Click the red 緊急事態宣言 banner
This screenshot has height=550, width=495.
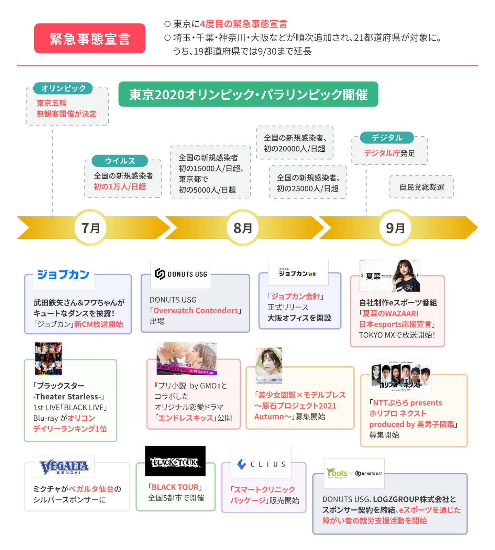point(90,39)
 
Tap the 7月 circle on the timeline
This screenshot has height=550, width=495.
point(90,228)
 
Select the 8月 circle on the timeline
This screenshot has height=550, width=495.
point(243,228)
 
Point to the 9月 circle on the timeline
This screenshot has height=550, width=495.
point(395,228)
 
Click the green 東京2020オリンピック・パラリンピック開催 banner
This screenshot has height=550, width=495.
point(248,94)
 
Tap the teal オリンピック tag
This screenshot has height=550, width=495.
point(63,88)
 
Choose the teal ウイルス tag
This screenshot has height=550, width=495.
point(120,161)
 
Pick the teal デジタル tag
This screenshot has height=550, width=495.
point(387,138)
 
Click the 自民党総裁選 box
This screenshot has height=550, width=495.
point(421,187)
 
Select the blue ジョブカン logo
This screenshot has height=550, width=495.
point(63,275)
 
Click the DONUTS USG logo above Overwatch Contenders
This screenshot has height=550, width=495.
point(181,274)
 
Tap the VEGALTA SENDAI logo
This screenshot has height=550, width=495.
point(64,467)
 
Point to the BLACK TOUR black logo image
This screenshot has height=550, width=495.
point(175,461)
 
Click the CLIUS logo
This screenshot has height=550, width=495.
point(261,464)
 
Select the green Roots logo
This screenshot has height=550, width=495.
point(337,473)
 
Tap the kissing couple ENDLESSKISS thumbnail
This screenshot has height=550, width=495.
point(187,358)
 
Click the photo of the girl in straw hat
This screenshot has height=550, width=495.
point(269,365)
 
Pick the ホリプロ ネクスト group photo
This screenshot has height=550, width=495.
point(401,376)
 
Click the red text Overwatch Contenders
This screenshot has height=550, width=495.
point(196,311)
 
